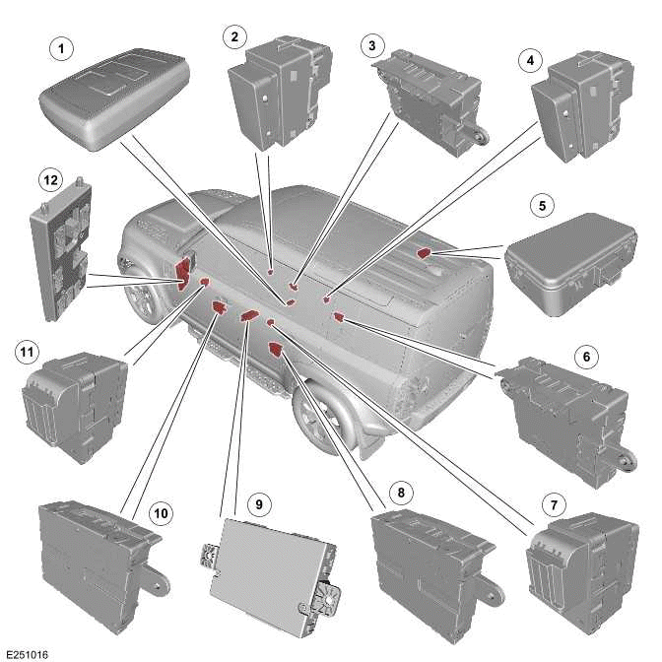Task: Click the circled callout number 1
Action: [x=62, y=46]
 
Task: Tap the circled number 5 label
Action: [x=540, y=208]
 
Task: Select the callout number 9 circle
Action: [x=258, y=504]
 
